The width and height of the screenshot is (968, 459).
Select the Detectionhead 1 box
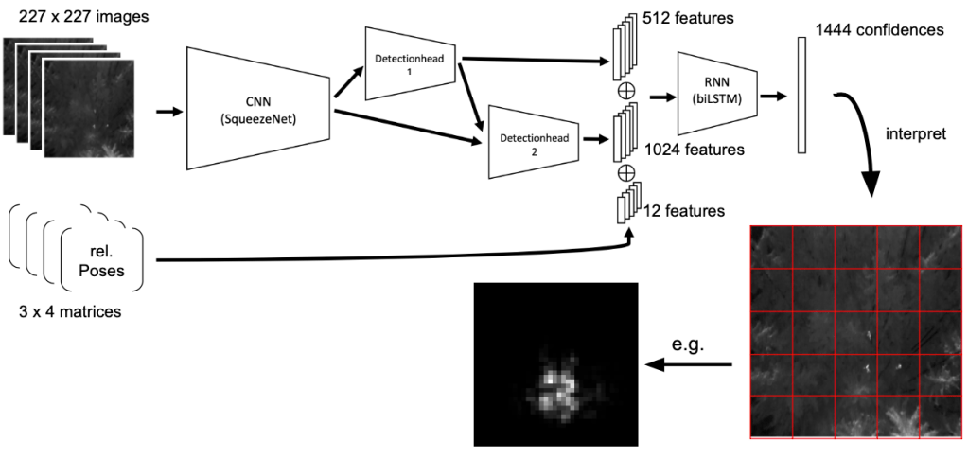(x=411, y=63)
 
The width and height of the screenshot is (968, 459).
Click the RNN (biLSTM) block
(x=717, y=96)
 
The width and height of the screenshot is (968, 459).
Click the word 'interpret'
(x=913, y=133)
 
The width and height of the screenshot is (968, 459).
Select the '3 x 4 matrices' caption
(x=62, y=310)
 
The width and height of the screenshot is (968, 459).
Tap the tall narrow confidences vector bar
(x=801, y=96)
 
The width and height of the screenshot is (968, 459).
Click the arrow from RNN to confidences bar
(x=772, y=96)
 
